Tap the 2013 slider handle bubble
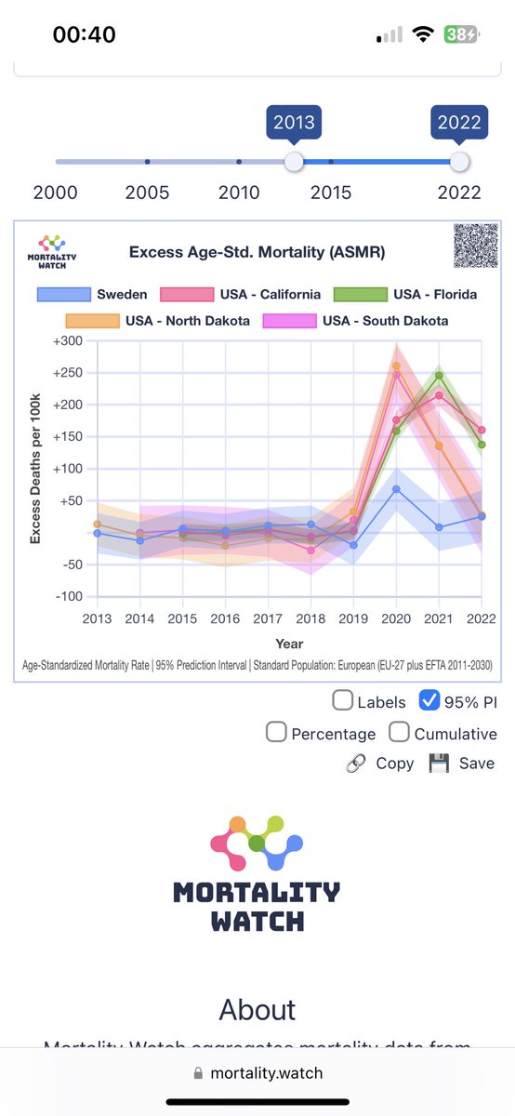[294, 123]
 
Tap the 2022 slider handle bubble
[459, 123]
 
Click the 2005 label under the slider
[147, 193]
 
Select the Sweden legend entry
[93, 295]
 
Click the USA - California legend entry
[241, 295]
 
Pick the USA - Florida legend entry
[406, 295]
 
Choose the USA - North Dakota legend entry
[172, 321]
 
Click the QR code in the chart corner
[475, 246]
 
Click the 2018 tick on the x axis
[310, 618]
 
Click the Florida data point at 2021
[439, 376]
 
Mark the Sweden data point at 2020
[396, 489]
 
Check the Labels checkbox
[343, 701]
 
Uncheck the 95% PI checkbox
[429, 701]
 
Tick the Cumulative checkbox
[400, 733]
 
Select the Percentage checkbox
[276, 733]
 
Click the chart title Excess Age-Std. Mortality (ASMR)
[257, 252]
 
